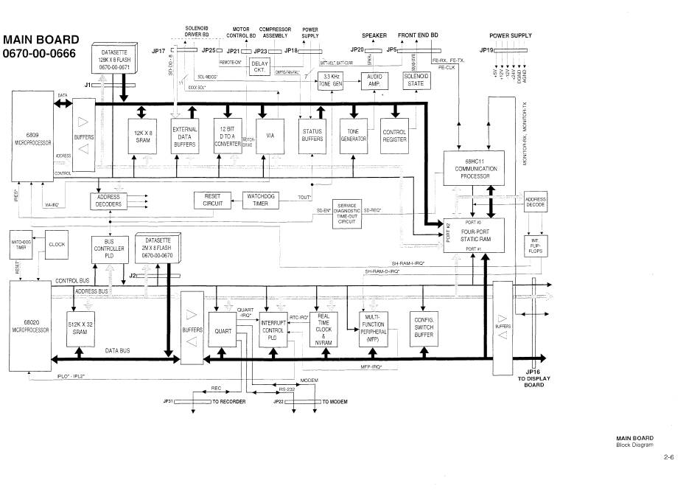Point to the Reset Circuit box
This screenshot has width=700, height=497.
(x=213, y=200)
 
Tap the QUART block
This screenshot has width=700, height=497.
(x=223, y=331)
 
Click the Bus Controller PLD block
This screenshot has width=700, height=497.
(x=108, y=246)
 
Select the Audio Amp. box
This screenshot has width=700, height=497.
(x=374, y=81)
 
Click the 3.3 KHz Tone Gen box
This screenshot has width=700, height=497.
(x=331, y=81)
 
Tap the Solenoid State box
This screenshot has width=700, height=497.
(x=416, y=80)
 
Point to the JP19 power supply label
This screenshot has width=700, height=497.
(x=486, y=49)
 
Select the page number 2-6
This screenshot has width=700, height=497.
(x=668, y=458)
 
